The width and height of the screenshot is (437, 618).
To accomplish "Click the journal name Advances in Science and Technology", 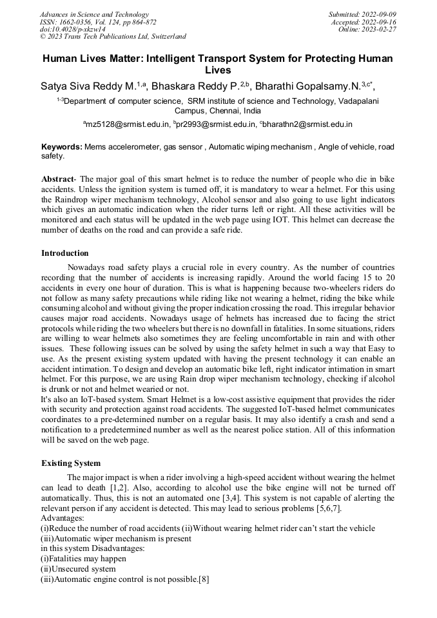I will tap(94, 14).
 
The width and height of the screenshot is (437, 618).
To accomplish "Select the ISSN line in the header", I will tap(98, 22).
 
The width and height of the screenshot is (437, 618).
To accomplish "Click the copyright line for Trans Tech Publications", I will tap(113, 37).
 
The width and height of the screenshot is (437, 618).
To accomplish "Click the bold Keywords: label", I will tap(62, 147).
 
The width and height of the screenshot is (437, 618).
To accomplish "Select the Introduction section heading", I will tap(65, 253).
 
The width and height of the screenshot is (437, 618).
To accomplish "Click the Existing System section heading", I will tap(71, 463).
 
